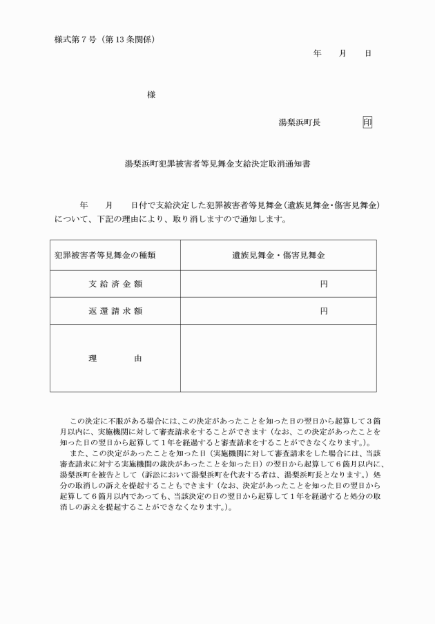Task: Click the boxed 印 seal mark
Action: pyautogui.click(x=367, y=122)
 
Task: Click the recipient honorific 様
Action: pyautogui.click(x=151, y=95)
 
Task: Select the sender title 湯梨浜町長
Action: pyautogui.click(x=300, y=122)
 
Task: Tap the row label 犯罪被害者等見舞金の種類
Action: pyautogui.click(x=105, y=255)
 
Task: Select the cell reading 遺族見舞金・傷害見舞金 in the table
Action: pyautogui.click(x=278, y=255)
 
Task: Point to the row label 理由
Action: pyautogui.click(x=115, y=359)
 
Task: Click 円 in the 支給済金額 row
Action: pyautogui.click(x=323, y=283)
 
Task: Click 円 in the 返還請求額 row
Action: pyautogui.click(x=323, y=311)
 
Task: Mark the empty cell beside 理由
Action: pyautogui.click(x=278, y=359)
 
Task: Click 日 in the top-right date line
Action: pyautogui.click(x=367, y=53)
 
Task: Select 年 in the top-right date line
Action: pyautogui.click(x=317, y=53)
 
